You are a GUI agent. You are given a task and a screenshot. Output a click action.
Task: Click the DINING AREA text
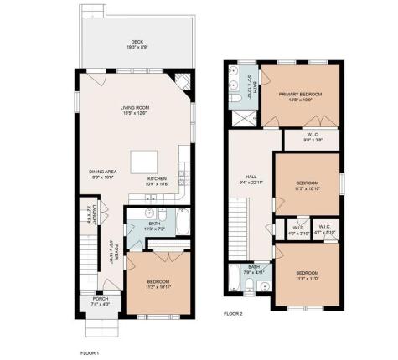tap(103, 172)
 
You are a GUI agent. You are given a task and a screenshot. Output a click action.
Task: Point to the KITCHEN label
tap(159, 179)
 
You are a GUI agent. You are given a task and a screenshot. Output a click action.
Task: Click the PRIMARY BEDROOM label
tap(300, 95)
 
